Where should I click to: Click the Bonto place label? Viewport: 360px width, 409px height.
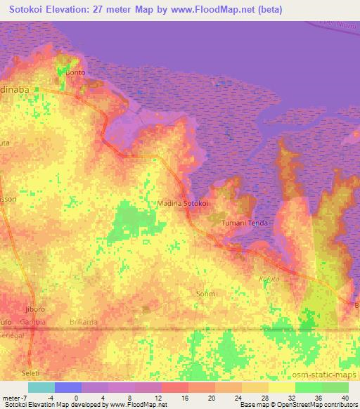(75, 72)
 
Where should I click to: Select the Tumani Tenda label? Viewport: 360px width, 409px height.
(243, 222)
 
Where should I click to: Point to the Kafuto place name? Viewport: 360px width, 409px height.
(270, 280)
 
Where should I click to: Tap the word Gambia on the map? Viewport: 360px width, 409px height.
(33, 322)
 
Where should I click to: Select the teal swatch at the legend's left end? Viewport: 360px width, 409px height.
(41, 387)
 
